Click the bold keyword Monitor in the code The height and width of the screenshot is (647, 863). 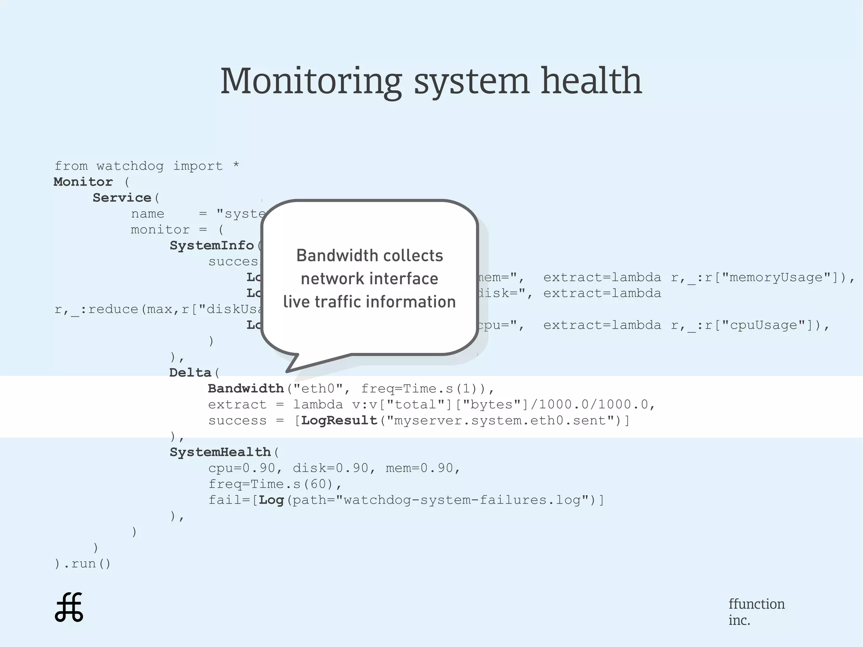pyautogui.click(x=83, y=182)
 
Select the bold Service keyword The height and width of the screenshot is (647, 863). pyautogui.click(x=122, y=198)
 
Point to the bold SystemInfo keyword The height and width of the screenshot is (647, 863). pyautogui.click(x=212, y=245)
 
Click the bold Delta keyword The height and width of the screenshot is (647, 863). pyautogui.click(x=190, y=373)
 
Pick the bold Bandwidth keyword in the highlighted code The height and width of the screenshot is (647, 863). pyautogui.click(x=246, y=388)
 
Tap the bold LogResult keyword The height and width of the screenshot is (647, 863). pyautogui.click(x=339, y=420)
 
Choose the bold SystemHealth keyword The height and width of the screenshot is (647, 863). pyautogui.click(x=220, y=452)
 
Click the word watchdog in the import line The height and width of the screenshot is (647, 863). pyautogui.click(x=130, y=166)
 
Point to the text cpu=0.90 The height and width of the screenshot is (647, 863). pyautogui.click(x=241, y=468)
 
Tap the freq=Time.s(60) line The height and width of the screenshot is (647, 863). pyautogui.click(x=275, y=484)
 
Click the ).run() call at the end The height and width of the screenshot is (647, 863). pyautogui.click(x=83, y=564)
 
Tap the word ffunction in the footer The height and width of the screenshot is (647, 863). pyautogui.click(x=756, y=604)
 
